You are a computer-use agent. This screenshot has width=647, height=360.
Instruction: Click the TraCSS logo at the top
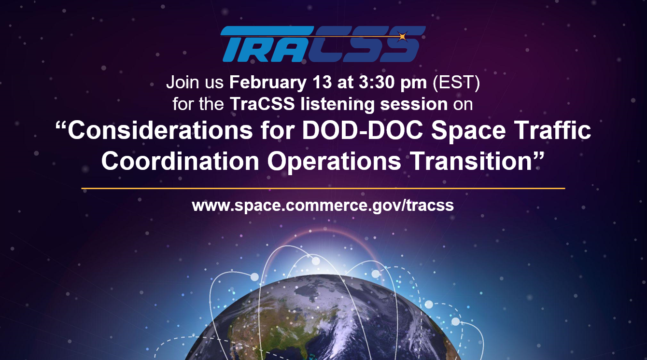point(322,44)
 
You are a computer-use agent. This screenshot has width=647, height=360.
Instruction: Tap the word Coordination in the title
point(180,161)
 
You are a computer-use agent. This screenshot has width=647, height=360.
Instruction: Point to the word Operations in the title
point(334,161)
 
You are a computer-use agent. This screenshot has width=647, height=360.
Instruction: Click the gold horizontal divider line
point(323,188)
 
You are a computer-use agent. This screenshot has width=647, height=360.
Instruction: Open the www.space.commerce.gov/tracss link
point(323,205)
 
